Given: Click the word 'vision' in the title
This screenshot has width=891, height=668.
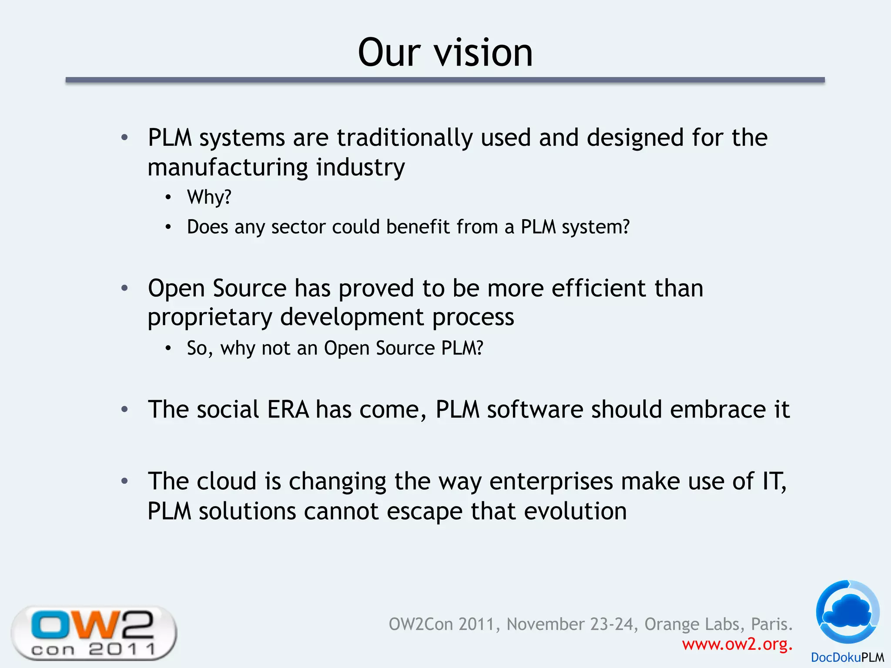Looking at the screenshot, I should click(x=483, y=53).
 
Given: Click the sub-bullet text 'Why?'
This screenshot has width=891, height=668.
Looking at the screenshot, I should click(x=209, y=197).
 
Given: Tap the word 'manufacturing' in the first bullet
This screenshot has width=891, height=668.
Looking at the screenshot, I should click(x=228, y=167).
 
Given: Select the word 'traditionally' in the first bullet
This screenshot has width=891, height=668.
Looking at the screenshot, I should click(x=405, y=138).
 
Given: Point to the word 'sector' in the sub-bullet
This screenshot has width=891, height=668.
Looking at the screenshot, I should click(x=298, y=227).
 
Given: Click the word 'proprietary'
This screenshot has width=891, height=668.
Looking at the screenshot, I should click(x=210, y=317).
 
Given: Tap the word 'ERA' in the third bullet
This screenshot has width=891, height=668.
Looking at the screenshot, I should click(x=288, y=410).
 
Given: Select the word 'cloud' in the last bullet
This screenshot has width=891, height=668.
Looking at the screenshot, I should click(x=226, y=481).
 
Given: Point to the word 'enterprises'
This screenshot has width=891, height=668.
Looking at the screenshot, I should click(x=551, y=481).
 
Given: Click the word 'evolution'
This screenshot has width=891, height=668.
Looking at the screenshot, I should click(x=575, y=511).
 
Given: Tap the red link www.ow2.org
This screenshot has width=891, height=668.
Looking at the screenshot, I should click(x=737, y=644).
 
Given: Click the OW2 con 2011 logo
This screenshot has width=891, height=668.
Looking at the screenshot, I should click(x=94, y=633).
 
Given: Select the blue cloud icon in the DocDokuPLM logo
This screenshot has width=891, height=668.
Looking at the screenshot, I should click(x=847, y=611).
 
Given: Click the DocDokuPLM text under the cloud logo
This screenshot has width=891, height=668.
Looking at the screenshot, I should click(x=847, y=658).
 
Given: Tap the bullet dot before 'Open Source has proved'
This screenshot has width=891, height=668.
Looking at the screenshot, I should click(x=125, y=288).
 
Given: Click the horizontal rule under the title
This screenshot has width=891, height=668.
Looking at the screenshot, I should click(x=445, y=80).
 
